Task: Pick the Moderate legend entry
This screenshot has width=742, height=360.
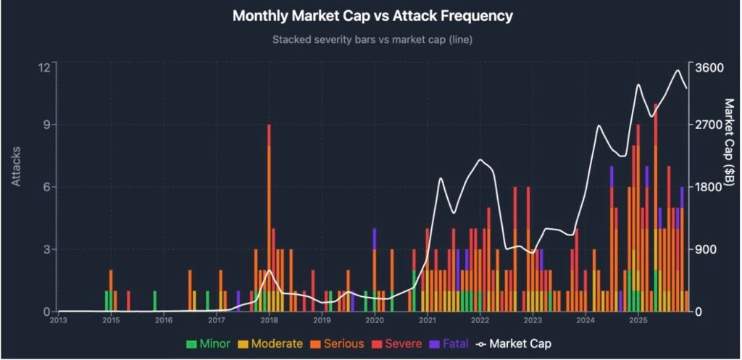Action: coord(275,343)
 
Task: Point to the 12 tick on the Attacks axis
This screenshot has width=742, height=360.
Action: coord(43,67)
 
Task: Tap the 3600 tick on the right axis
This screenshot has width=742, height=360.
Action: coord(709,67)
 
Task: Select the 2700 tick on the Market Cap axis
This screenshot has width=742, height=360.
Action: coord(709,125)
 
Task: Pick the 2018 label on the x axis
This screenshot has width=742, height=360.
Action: coord(269,320)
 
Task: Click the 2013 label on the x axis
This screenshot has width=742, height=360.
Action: coord(58,320)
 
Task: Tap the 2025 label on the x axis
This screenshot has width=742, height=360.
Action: coord(638,320)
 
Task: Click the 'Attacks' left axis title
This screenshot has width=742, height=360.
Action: coord(16,167)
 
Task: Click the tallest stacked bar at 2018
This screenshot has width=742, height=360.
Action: coord(269,217)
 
